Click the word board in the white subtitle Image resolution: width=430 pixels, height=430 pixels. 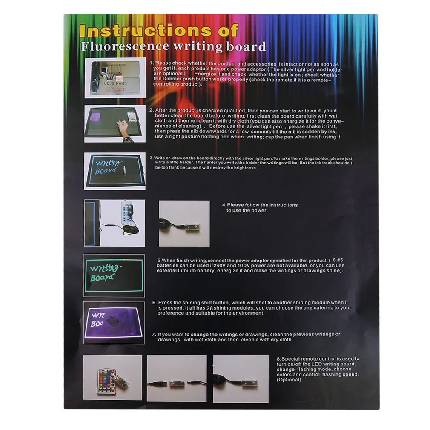246,46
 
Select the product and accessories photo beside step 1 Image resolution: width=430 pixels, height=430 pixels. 115,77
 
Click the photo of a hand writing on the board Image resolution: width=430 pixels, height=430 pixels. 115,123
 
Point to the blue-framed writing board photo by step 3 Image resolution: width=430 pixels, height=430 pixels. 115,171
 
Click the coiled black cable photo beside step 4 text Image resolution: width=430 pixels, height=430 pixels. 184,224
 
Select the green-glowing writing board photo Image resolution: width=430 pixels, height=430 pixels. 114,275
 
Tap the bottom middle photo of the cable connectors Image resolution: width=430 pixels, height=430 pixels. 177,378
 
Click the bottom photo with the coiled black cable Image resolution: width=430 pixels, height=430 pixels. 241,378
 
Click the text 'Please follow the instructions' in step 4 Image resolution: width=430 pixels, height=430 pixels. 262,205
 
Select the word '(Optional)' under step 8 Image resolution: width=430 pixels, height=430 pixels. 289,379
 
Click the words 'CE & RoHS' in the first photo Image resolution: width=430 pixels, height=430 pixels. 112,83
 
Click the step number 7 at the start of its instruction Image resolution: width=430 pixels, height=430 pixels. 153,334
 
